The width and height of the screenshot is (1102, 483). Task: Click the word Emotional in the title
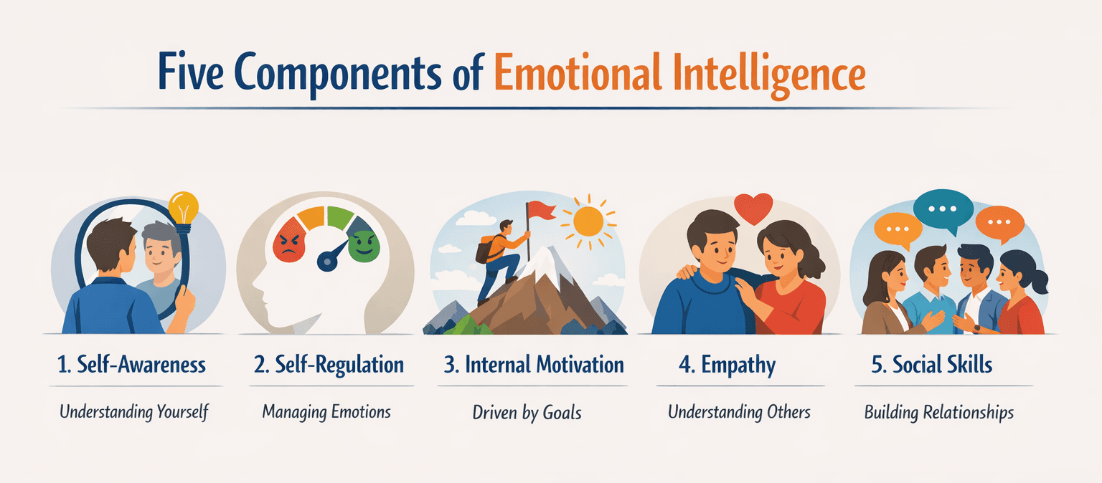578,73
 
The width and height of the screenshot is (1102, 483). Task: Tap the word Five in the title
191,72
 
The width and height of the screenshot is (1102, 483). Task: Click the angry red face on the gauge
289,241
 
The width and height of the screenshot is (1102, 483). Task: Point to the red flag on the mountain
541,211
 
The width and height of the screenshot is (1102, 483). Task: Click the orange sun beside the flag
588,221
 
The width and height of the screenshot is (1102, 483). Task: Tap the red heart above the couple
753,208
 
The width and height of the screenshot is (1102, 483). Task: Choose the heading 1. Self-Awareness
132,365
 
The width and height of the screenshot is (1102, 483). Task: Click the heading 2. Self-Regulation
329,365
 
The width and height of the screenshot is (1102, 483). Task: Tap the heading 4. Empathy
727,365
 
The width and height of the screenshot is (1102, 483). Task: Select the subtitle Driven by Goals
527,413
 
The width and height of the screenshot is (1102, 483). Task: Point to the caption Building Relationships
938,413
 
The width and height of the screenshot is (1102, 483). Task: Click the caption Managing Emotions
326,412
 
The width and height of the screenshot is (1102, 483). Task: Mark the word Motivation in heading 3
580,365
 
